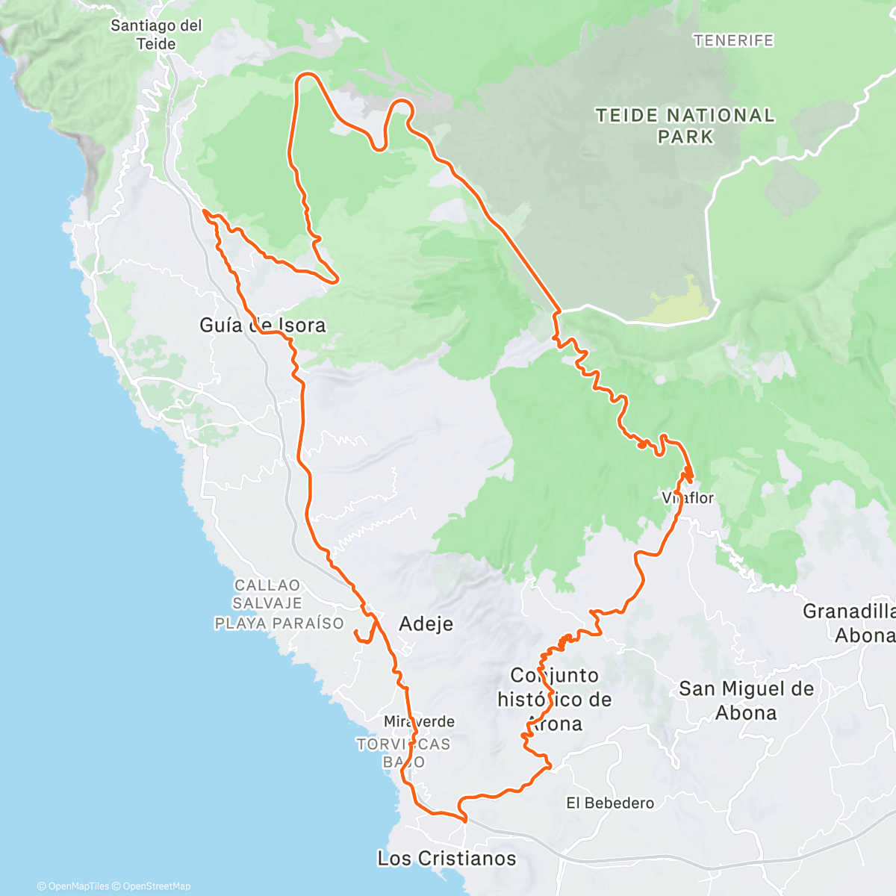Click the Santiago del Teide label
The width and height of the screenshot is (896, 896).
[x=156, y=34]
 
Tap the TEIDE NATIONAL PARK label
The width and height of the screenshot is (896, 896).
[x=685, y=125]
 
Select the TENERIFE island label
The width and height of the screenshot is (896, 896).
[x=733, y=40]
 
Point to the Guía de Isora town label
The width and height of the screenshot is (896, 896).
[x=262, y=325]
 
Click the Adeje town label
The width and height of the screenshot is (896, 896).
[x=426, y=623]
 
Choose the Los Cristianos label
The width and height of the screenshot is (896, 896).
[x=447, y=858]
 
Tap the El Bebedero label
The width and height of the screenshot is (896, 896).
[x=609, y=803]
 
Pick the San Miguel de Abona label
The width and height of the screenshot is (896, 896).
[x=746, y=700]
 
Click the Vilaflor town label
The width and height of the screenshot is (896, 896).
[x=688, y=497]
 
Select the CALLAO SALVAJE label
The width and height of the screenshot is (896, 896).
[x=267, y=594]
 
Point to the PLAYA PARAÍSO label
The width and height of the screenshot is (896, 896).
[x=279, y=623]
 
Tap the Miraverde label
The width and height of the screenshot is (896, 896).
[x=419, y=721]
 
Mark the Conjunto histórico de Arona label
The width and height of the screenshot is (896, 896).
[x=555, y=699]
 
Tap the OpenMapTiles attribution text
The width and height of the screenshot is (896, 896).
[x=78, y=886]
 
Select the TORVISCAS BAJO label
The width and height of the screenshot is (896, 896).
[x=404, y=753]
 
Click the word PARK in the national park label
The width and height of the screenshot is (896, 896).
[x=685, y=137]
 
